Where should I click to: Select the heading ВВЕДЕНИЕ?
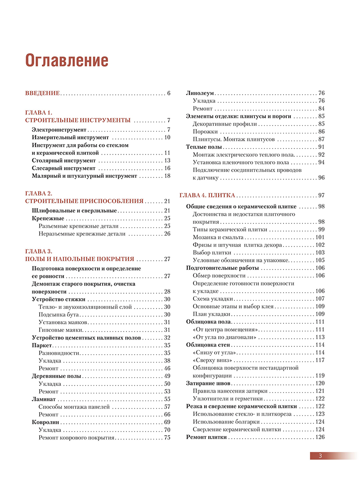tap(42, 93)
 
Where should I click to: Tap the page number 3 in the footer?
tap(320, 456)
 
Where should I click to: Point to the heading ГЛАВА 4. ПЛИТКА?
tap(207, 195)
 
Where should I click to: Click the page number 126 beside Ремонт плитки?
tap(320, 437)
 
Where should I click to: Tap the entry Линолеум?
tap(200, 93)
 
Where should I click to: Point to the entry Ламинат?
tap(44, 399)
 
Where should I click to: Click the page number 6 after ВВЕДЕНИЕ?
tap(169, 93)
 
